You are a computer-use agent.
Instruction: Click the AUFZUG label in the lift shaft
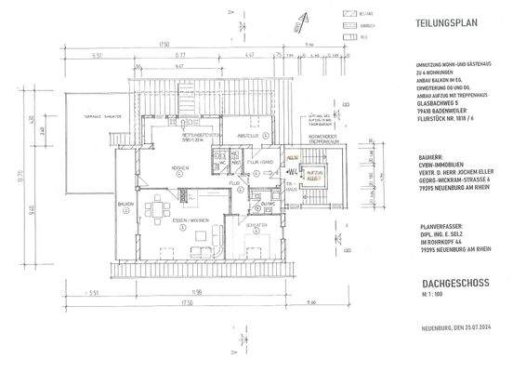pos(316,172)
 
